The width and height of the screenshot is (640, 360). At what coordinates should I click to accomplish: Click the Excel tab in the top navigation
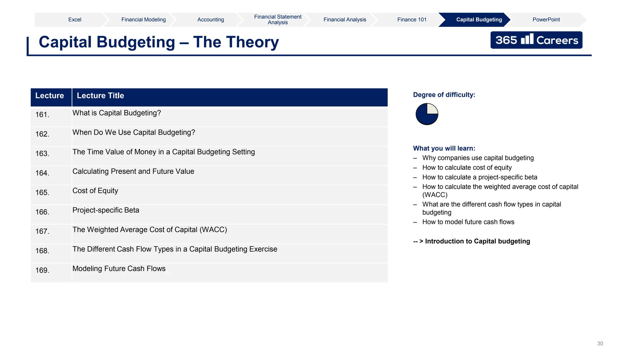click(x=75, y=20)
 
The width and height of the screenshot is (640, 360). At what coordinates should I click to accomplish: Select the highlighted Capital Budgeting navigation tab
click(x=479, y=20)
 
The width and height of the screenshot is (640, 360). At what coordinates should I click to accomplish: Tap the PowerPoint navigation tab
click(x=546, y=20)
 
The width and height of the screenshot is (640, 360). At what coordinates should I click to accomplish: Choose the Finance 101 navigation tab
click(x=412, y=20)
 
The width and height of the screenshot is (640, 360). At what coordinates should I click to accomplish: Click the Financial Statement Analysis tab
click(x=277, y=20)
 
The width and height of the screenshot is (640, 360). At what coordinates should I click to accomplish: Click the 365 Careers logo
click(x=536, y=40)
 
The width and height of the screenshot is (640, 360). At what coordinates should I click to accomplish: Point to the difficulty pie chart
click(x=427, y=114)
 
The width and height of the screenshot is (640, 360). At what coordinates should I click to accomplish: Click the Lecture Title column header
click(x=100, y=96)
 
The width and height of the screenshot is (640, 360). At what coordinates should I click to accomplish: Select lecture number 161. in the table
click(x=42, y=115)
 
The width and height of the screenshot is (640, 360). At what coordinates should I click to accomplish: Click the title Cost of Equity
click(x=95, y=191)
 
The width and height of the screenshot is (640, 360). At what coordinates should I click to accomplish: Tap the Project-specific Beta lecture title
click(x=106, y=210)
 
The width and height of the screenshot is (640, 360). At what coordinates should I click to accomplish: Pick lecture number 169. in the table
click(x=42, y=270)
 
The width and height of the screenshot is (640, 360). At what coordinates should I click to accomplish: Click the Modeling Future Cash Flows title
click(x=119, y=268)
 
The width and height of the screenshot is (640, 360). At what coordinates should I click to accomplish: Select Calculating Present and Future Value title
click(x=133, y=171)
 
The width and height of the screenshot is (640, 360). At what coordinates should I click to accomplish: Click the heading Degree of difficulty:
click(x=444, y=95)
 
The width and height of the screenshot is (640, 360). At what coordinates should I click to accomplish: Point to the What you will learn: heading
click(x=444, y=148)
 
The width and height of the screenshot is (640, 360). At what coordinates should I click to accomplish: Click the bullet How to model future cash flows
click(x=468, y=222)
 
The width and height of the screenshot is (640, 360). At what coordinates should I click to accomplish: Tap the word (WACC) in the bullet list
click(x=435, y=195)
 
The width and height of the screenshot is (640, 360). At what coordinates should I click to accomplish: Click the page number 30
click(x=600, y=343)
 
